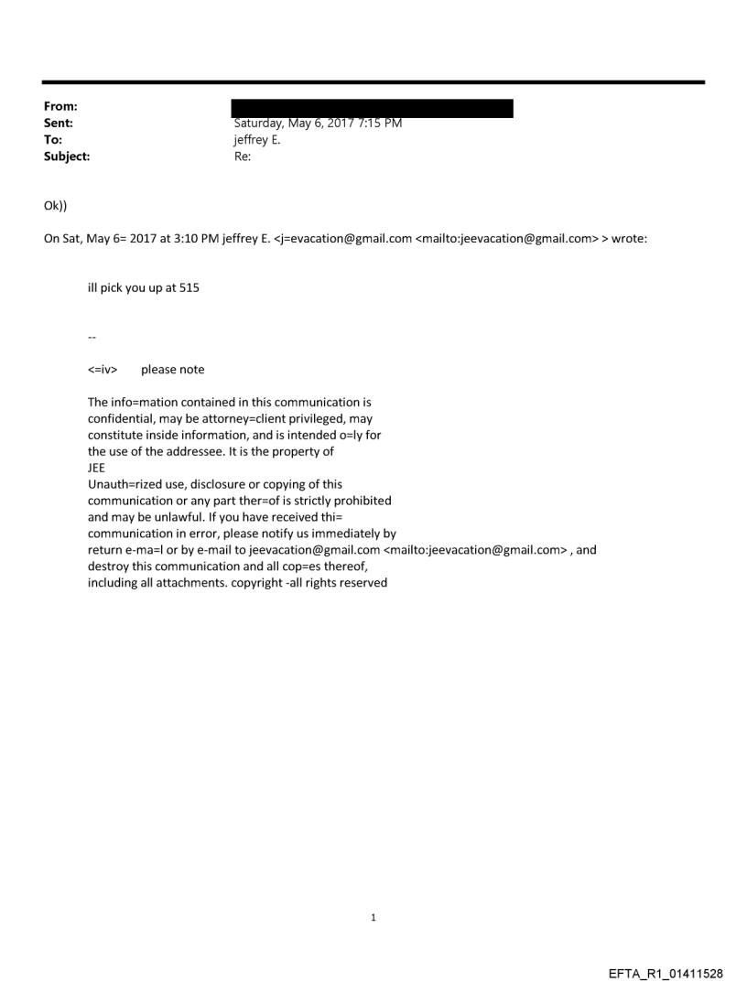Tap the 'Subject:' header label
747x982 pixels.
point(66,156)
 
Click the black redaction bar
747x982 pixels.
point(372,109)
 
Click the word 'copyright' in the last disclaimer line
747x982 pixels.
point(258,583)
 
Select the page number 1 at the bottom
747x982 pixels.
point(373,917)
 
